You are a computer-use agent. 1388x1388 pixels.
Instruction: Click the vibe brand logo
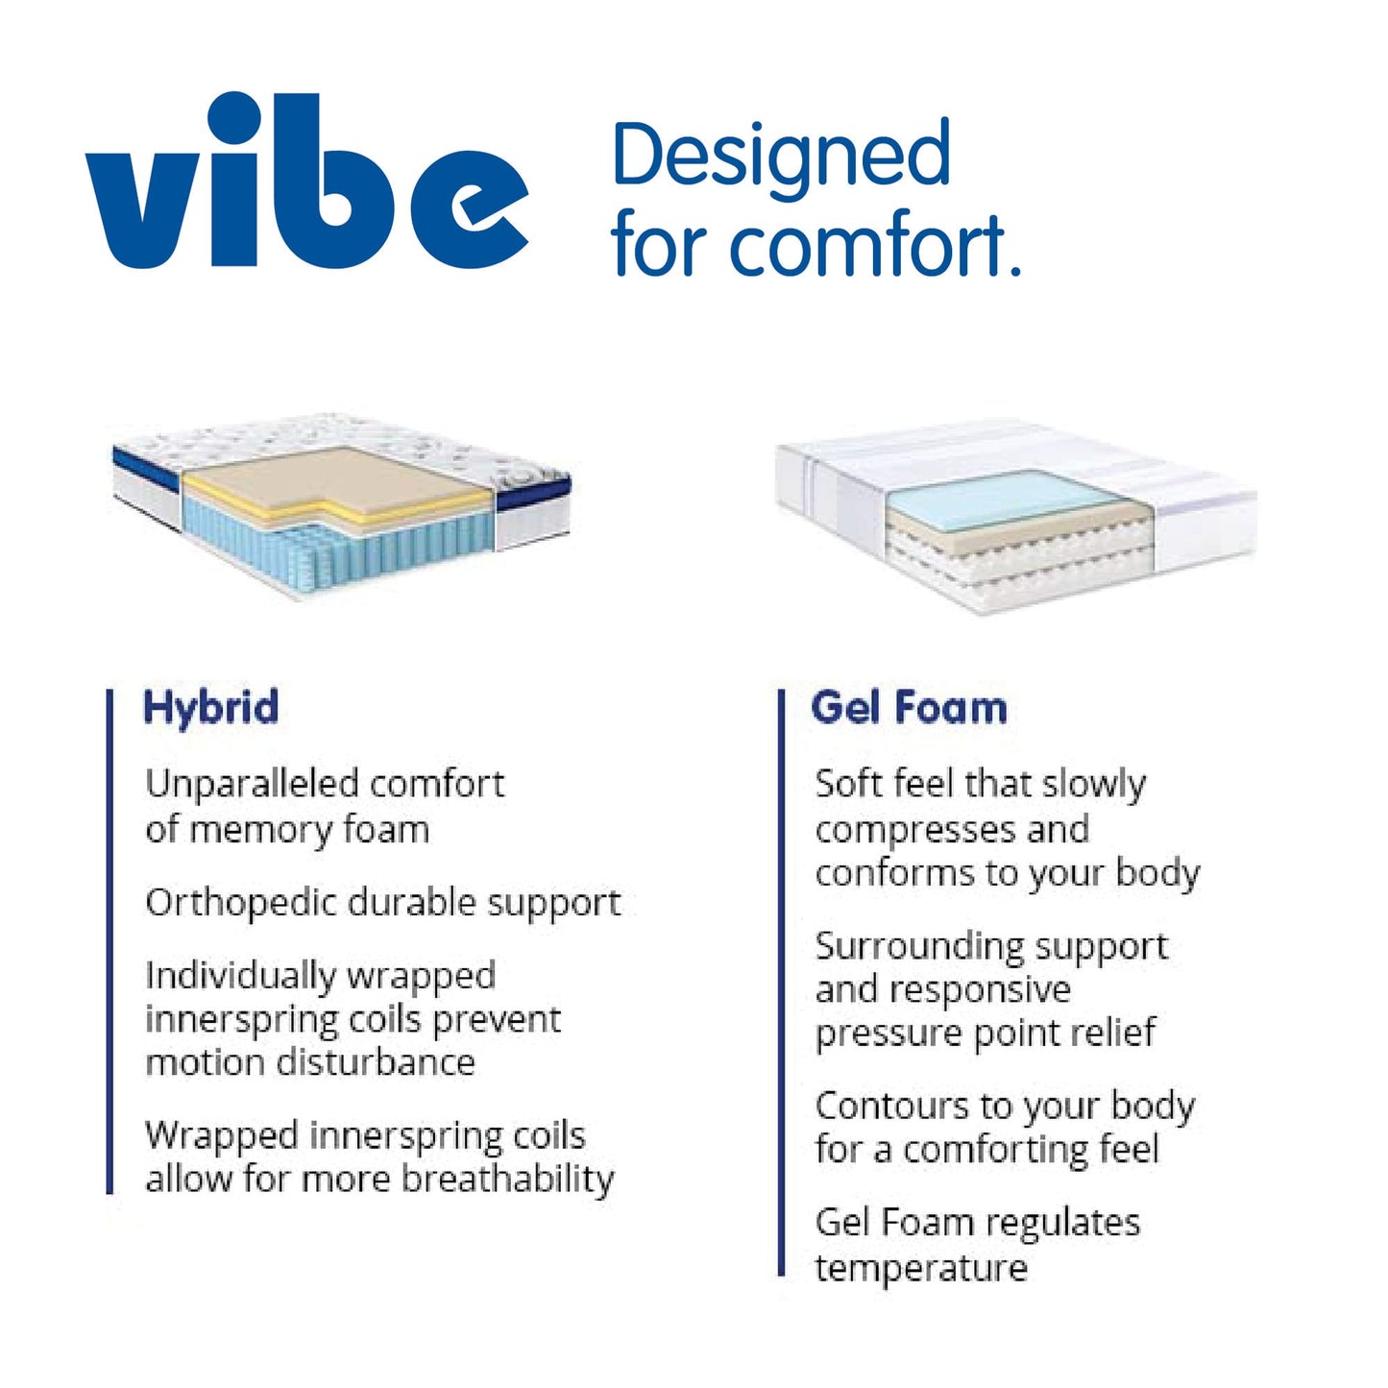tap(307, 181)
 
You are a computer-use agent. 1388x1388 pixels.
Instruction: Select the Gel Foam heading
tap(909, 707)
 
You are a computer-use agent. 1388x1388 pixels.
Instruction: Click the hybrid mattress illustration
tap(341, 505)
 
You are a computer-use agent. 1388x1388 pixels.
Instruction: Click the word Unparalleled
tap(252, 784)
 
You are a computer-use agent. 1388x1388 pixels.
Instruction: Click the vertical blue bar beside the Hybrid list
tap(110, 942)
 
